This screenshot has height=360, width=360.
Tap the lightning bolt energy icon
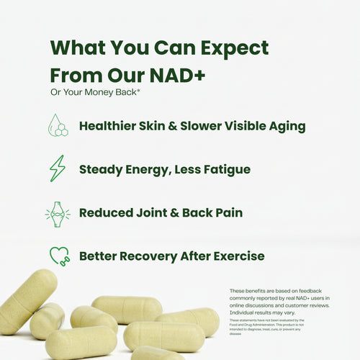(57, 168)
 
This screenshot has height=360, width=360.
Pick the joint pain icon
(57, 213)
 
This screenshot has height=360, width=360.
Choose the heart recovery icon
(57, 256)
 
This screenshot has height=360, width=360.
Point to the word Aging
(284, 126)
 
